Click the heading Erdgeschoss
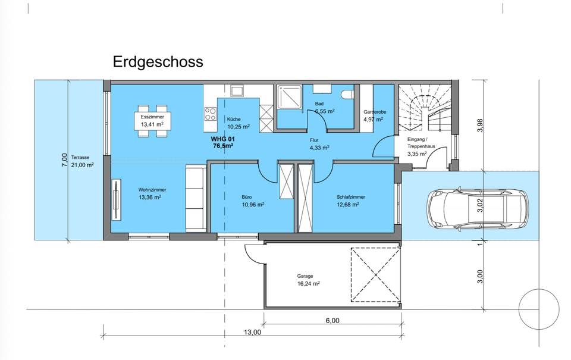[158, 62]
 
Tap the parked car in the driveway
[478, 208]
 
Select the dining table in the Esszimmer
[153, 121]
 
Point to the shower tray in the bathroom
[290, 97]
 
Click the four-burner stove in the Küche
[210, 114]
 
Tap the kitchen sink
[237, 91]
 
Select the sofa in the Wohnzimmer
[196, 198]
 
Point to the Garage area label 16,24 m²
[309, 283]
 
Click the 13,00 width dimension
[252, 332]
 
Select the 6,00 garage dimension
[332, 321]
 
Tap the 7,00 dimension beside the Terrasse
[64, 160]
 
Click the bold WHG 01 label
[223, 139]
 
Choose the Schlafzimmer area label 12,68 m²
[348, 205]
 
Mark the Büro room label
[246, 197]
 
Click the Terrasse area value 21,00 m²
[82, 165]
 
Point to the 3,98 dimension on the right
[480, 126]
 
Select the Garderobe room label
[375, 112]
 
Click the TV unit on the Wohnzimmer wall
[116, 200]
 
